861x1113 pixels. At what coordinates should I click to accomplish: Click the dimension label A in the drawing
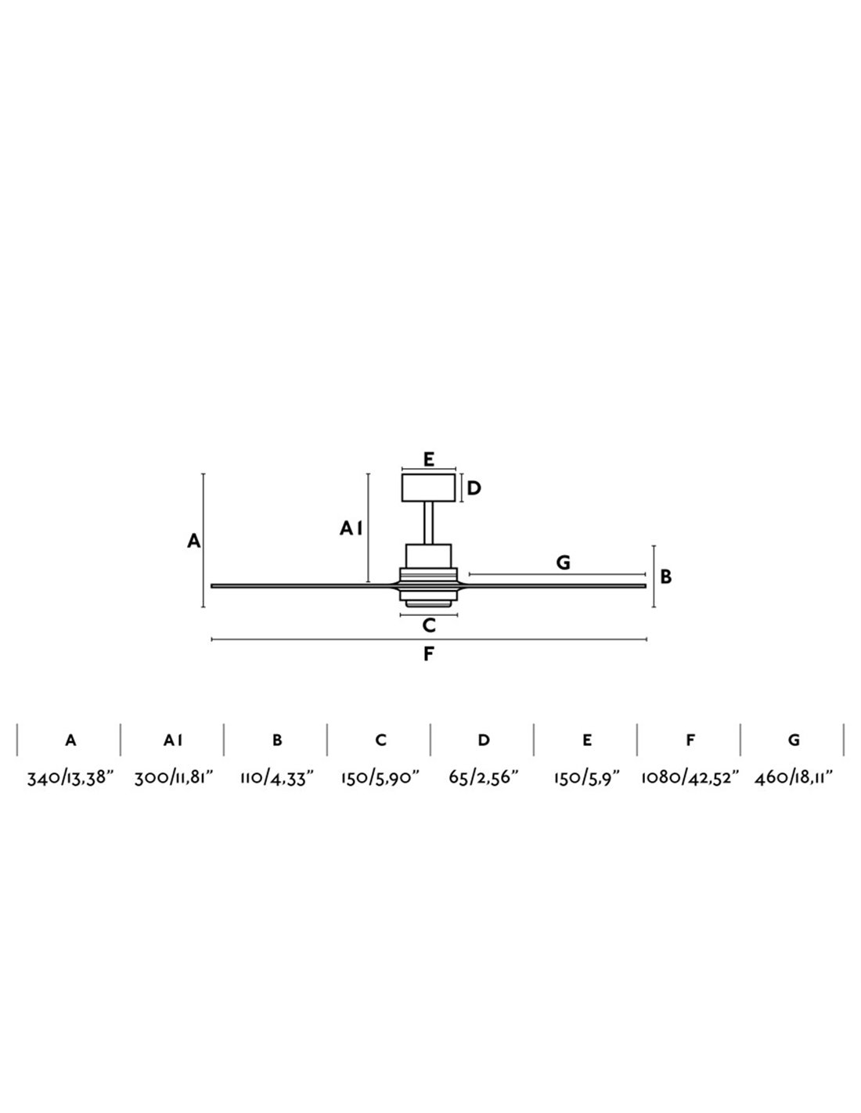point(193,541)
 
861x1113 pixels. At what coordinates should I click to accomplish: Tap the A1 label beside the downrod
point(351,528)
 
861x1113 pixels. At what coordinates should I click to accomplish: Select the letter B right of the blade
point(665,578)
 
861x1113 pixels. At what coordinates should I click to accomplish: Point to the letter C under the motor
point(429,625)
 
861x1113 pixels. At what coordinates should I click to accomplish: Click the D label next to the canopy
point(474,488)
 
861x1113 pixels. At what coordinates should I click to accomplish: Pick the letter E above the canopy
point(429,459)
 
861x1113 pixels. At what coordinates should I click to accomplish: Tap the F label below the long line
point(429,654)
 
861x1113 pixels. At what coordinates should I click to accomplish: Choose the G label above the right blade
point(563,563)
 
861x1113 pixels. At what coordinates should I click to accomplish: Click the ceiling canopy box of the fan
point(428,488)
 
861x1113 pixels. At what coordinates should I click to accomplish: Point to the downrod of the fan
point(429,523)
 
